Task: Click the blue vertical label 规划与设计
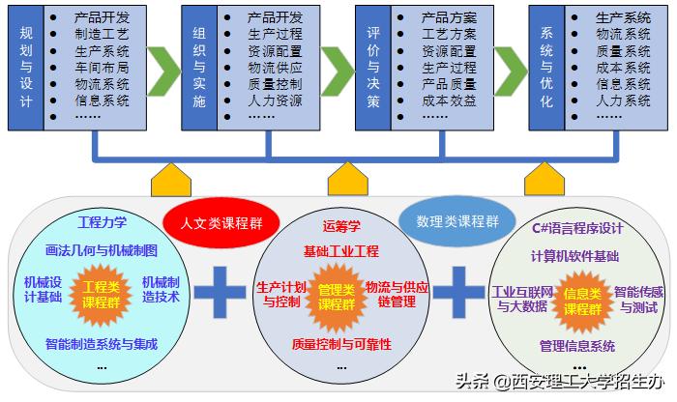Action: (x=26, y=66)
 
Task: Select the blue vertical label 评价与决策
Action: (x=372, y=66)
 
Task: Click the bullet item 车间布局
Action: (x=102, y=68)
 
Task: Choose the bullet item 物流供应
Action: (x=275, y=68)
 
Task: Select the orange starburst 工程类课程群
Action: (x=102, y=293)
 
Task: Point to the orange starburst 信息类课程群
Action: (x=583, y=300)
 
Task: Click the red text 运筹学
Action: (x=341, y=227)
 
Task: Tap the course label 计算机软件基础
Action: (x=575, y=256)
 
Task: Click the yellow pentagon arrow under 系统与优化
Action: (x=545, y=179)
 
